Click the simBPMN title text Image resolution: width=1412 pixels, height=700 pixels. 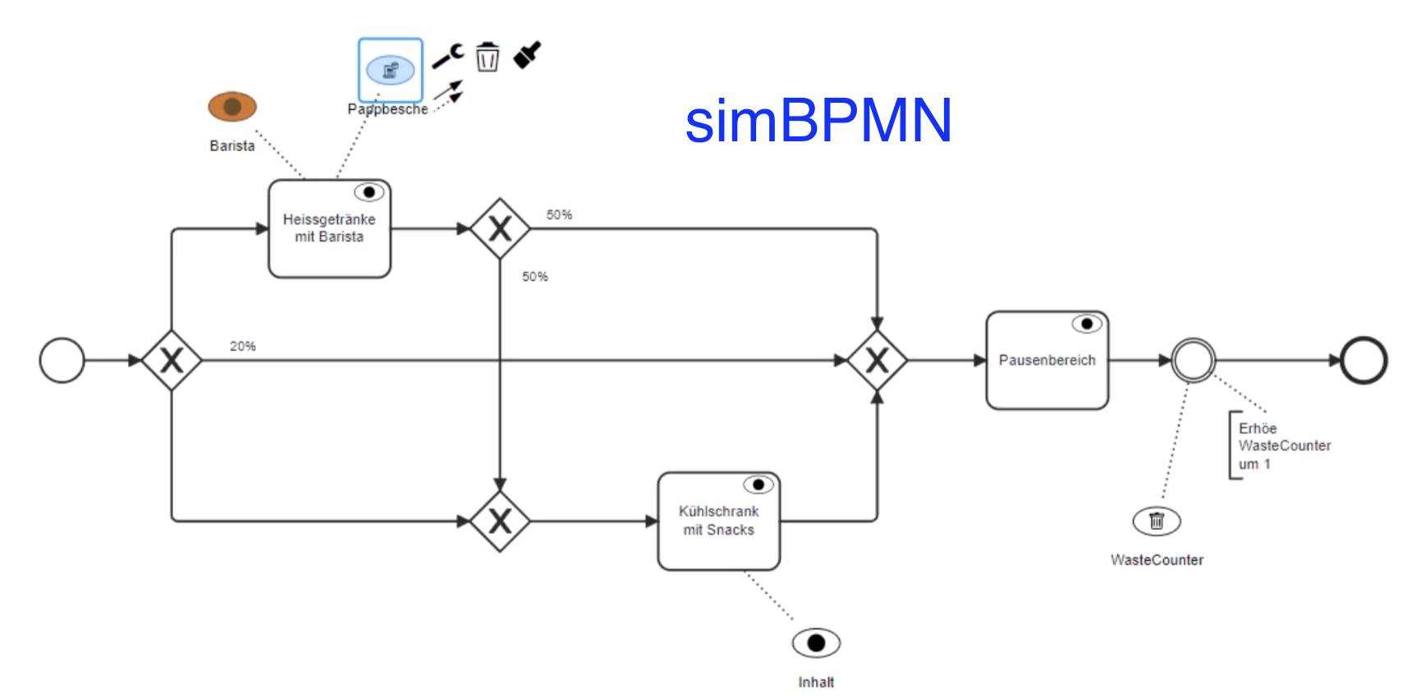[x=818, y=121]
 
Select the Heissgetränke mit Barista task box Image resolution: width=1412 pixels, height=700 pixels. [x=329, y=229]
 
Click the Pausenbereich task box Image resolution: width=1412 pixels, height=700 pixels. [x=1047, y=361]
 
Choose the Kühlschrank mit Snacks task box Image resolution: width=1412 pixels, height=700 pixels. [x=718, y=521]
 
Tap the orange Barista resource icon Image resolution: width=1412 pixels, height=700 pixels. [x=232, y=107]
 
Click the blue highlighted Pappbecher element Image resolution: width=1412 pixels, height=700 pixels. [x=391, y=71]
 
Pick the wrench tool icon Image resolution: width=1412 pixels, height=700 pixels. [x=448, y=57]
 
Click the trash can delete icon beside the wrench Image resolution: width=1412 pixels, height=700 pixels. [x=488, y=57]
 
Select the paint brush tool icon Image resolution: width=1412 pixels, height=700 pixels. [x=527, y=55]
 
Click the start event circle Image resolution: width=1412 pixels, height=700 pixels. [x=62, y=361]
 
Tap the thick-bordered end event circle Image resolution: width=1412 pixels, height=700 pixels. [x=1364, y=361]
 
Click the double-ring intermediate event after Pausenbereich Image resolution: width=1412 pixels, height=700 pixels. [x=1193, y=361]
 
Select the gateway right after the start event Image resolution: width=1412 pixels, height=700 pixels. [x=172, y=361]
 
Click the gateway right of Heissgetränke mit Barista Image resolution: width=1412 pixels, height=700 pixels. [x=500, y=229]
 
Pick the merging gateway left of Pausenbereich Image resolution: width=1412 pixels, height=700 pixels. [x=877, y=361]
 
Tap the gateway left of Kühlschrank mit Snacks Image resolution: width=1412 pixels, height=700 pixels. [x=500, y=521]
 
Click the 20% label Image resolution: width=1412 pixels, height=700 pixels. [x=243, y=347]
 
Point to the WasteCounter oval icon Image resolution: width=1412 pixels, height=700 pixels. [x=1157, y=521]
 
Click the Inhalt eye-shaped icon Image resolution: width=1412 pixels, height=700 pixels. [x=816, y=643]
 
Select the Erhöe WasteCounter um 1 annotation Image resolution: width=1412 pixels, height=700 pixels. [x=1283, y=446]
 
